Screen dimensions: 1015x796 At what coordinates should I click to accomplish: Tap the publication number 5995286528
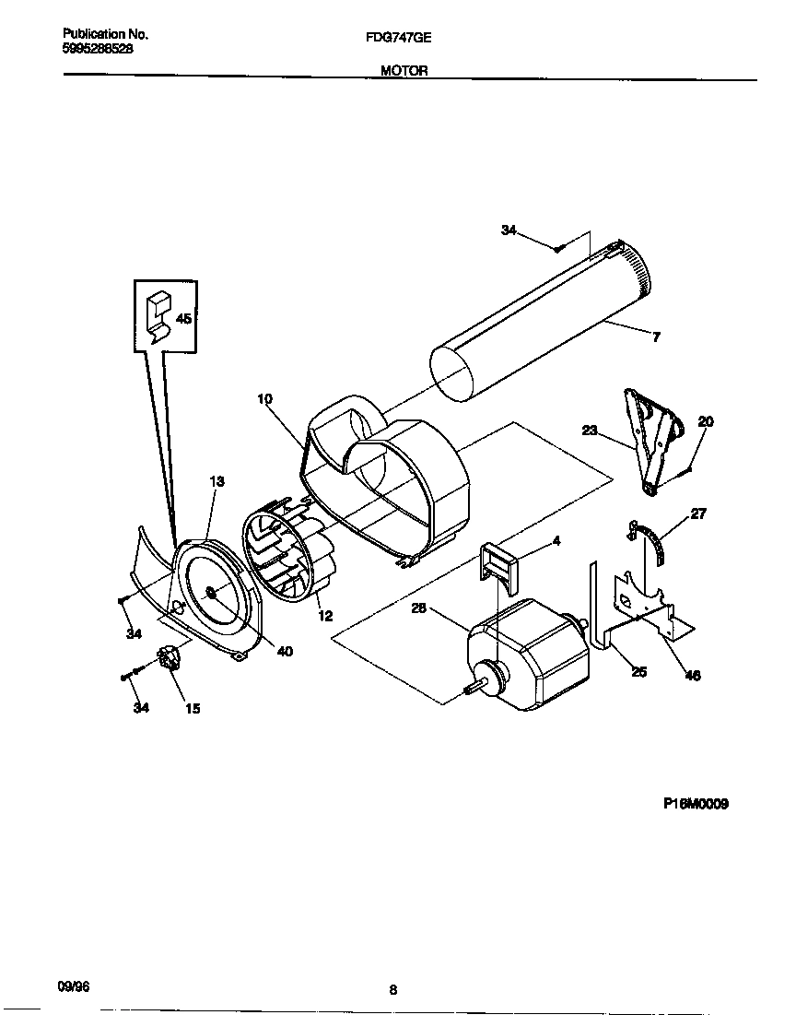point(98,48)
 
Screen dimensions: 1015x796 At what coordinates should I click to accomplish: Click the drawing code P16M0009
point(696,804)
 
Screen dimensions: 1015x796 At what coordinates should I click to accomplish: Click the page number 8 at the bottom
point(392,991)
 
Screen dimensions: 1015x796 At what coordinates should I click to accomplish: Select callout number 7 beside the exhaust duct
point(655,337)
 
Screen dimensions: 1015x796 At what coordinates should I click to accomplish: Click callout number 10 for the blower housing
point(265,399)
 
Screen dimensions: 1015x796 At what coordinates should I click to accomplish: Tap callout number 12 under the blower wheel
point(324,617)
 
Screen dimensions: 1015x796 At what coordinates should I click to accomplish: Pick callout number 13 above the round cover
point(217,481)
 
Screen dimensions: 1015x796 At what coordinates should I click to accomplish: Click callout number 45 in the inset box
point(183,319)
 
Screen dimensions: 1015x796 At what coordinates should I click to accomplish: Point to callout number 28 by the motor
point(419,608)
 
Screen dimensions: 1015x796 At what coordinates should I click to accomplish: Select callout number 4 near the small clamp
point(556,540)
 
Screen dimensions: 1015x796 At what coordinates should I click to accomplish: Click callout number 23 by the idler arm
point(591,429)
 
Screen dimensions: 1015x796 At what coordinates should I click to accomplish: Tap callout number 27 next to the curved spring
point(698,513)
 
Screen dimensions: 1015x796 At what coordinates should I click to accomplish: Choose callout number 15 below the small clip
point(193,708)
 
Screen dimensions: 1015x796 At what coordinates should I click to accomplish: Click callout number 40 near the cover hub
point(285,651)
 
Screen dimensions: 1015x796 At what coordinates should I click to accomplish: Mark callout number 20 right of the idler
point(706,421)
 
